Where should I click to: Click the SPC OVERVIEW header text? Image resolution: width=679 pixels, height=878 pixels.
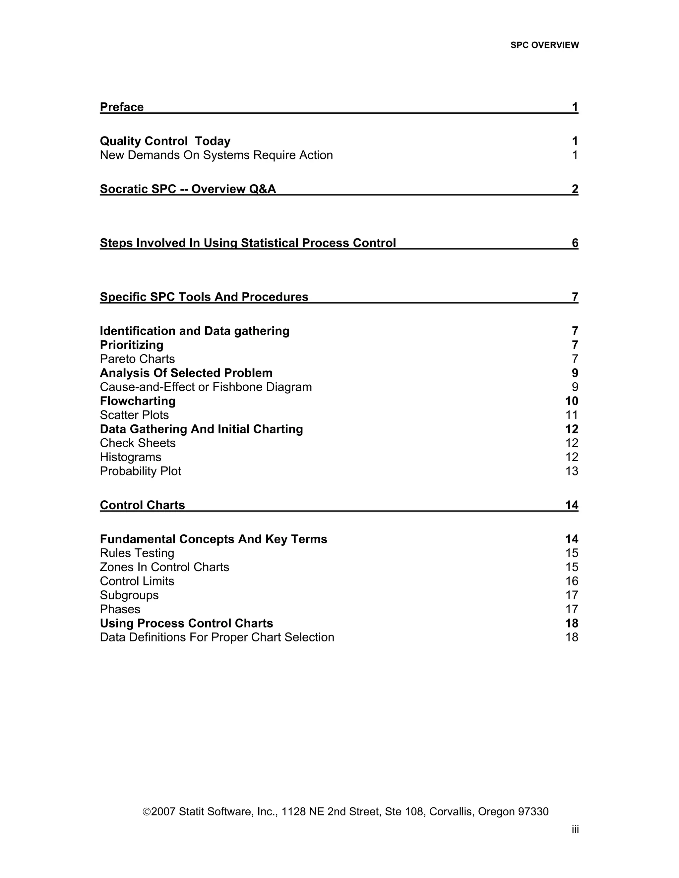544,45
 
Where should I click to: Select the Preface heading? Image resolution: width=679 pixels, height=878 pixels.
121,107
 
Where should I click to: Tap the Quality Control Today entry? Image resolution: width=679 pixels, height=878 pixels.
165,141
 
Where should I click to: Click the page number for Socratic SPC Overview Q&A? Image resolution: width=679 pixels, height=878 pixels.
575,189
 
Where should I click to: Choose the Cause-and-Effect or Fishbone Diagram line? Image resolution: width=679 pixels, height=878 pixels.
206,387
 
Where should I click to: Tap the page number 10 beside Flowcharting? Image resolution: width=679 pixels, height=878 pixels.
571,401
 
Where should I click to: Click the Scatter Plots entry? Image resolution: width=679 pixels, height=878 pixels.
134,415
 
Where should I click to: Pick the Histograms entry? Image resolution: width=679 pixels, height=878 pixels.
130,457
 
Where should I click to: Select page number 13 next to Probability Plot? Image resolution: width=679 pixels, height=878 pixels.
572,471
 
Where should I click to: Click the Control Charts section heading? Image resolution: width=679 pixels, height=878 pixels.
142,505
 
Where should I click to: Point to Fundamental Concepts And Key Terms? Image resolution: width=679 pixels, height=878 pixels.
213,539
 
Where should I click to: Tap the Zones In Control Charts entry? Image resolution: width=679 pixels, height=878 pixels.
164,567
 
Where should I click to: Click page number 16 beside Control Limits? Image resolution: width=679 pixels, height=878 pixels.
572,581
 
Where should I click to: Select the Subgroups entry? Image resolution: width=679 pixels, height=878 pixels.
129,595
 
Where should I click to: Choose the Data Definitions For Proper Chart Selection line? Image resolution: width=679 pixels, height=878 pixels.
217,637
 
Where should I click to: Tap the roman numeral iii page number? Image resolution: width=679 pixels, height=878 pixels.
575,829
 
